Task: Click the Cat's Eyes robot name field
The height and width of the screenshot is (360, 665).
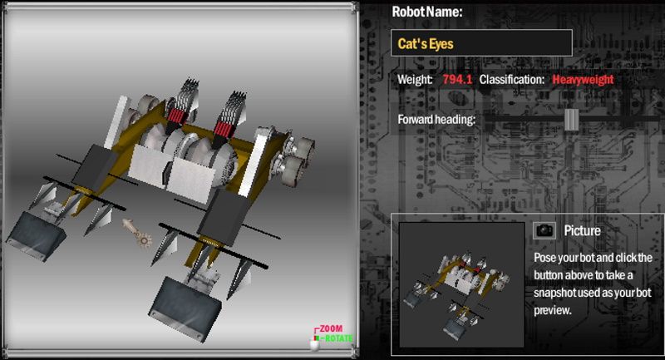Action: (481, 43)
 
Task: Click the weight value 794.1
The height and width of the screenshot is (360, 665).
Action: (457, 79)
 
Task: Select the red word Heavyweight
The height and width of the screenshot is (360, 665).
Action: (583, 79)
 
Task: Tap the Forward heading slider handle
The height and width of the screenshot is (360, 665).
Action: (571, 120)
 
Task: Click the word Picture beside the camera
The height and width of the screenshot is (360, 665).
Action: (582, 230)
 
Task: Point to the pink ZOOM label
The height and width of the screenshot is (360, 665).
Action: (331, 328)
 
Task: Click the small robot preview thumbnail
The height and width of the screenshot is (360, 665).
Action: (462, 284)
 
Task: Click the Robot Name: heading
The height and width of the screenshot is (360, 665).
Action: (427, 12)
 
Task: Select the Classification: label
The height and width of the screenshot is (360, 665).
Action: (512, 79)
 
